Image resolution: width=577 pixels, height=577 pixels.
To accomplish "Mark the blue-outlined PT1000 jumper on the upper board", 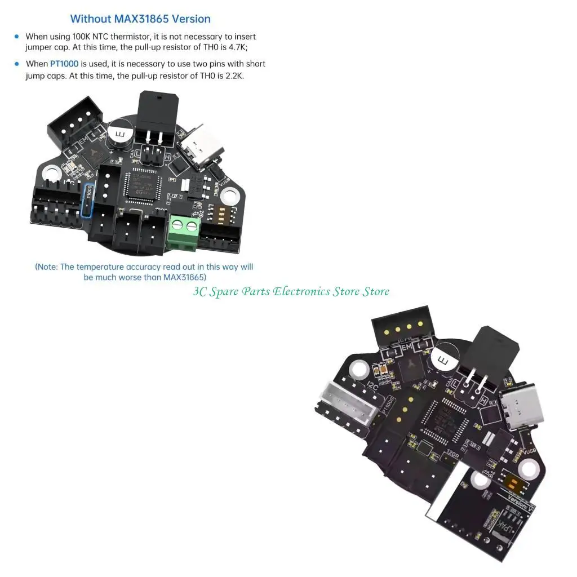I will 89,201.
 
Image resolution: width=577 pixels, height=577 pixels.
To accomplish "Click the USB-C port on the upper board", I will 203,145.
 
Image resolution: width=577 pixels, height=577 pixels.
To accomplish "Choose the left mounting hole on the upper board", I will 50,173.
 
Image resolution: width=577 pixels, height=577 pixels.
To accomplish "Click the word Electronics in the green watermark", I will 301,291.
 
